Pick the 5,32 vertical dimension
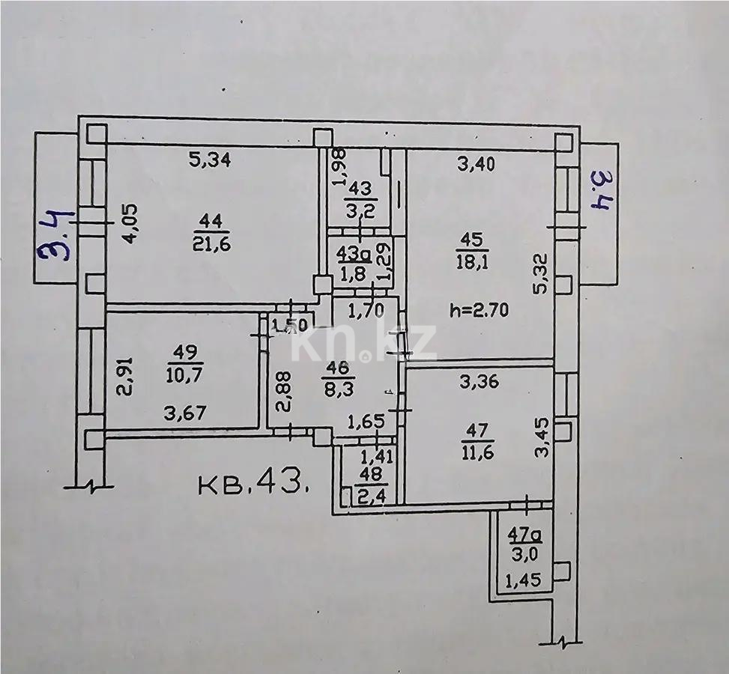[540, 275]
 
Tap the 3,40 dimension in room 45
[475, 166]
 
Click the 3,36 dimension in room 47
[477, 381]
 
